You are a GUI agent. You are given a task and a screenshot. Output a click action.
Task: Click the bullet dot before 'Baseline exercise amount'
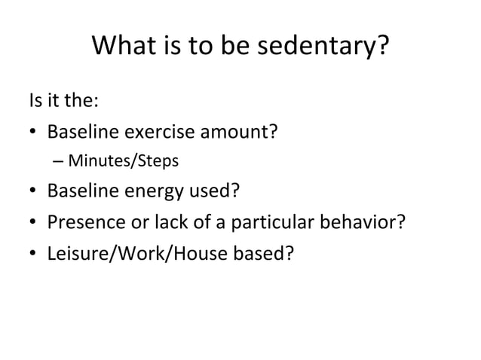coord(34,135)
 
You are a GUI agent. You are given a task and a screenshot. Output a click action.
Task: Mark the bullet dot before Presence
coord(34,224)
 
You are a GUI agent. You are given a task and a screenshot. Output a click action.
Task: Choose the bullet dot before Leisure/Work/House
coord(34,256)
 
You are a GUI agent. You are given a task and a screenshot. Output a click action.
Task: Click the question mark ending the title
coord(382,48)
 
